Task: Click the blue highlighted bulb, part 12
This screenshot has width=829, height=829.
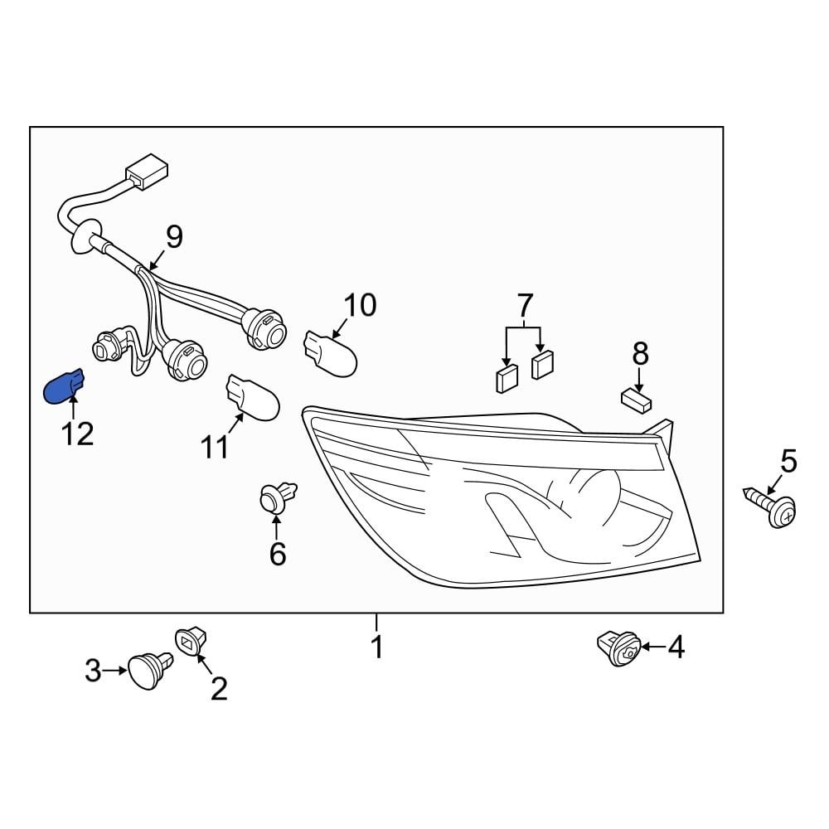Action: (x=63, y=386)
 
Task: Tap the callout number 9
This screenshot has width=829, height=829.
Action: (x=173, y=238)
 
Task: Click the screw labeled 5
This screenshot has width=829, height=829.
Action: (x=776, y=507)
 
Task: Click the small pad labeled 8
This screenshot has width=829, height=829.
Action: (x=636, y=400)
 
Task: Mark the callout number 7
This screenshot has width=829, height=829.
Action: (x=526, y=307)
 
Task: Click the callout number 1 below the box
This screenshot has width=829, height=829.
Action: (x=377, y=647)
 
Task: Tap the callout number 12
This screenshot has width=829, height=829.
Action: (x=78, y=434)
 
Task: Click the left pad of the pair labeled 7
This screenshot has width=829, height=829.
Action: (x=506, y=379)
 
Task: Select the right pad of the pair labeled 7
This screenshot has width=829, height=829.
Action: (x=542, y=364)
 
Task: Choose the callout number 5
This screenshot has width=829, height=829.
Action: (x=788, y=461)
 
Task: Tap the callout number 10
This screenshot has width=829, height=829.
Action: (x=360, y=305)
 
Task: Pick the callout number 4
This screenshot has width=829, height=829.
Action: (x=676, y=647)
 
